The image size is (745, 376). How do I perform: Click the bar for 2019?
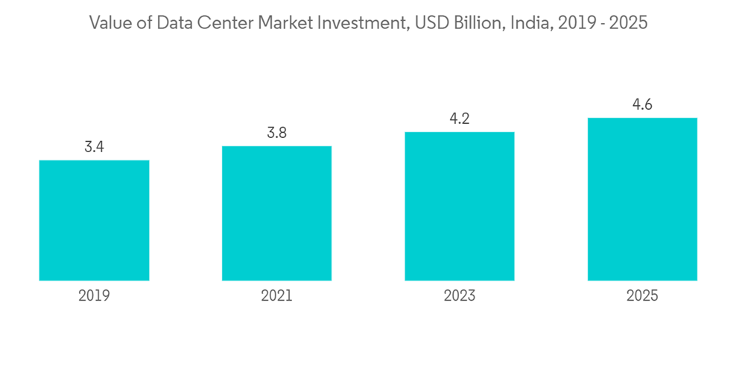pyautogui.click(x=94, y=220)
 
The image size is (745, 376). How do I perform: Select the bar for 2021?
pyautogui.click(x=276, y=213)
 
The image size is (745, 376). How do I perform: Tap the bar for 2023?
pyautogui.click(x=460, y=206)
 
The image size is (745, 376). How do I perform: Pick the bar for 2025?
pyautogui.click(x=642, y=199)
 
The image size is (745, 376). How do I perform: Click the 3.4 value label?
pyautogui.click(x=94, y=147)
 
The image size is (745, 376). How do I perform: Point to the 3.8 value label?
pyautogui.click(x=276, y=133)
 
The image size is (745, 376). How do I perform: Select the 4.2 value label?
pyautogui.click(x=460, y=119)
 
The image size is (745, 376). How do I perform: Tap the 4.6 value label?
pyautogui.click(x=642, y=104)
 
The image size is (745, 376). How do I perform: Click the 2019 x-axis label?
pyautogui.click(x=94, y=296)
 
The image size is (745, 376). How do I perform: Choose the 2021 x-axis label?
pyautogui.click(x=276, y=296)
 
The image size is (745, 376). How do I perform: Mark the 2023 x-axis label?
pyautogui.click(x=460, y=296)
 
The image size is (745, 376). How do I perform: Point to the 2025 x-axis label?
pyautogui.click(x=642, y=296)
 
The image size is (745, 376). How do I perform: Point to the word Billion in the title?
pyautogui.click(x=472, y=23)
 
